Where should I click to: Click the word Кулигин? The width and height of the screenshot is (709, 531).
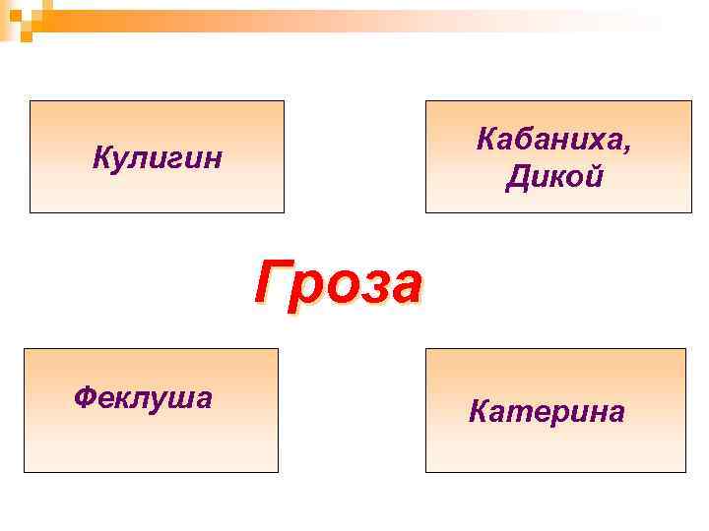click(x=158, y=157)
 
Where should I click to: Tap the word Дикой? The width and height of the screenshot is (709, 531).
click(x=554, y=178)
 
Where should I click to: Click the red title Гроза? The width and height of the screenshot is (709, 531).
click(x=339, y=284)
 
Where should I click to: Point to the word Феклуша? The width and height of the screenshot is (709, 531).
click(x=143, y=397)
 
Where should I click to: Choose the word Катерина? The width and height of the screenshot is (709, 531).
click(x=547, y=411)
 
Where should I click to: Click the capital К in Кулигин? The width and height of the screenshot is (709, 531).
click(x=101, y=157)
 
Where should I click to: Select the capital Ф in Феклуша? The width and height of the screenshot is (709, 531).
click(x=85, y=397)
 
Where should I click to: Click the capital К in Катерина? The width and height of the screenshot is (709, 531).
click(x=479, y=411)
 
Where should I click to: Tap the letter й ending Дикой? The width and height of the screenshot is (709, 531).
click(x=594, y=178)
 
